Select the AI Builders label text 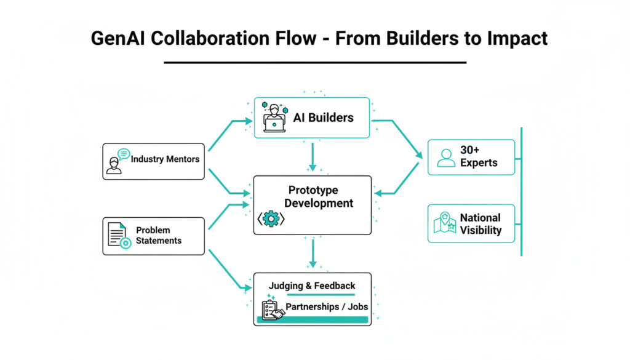click(323, 117)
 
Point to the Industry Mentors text click(165, 159)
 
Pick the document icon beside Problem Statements click(118, 236)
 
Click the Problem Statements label click(159, 236)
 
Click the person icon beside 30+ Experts click(445, 158)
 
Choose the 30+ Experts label click(478, 157)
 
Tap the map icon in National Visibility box click(444, 223)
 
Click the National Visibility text click(480, 224)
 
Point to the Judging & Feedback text click(312, 286)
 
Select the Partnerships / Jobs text click(326, 307)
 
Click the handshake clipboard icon click(273, 310)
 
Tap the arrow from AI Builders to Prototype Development click(313, 156)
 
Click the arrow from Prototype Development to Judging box click(313, 253)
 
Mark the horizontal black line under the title click(315, 63)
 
